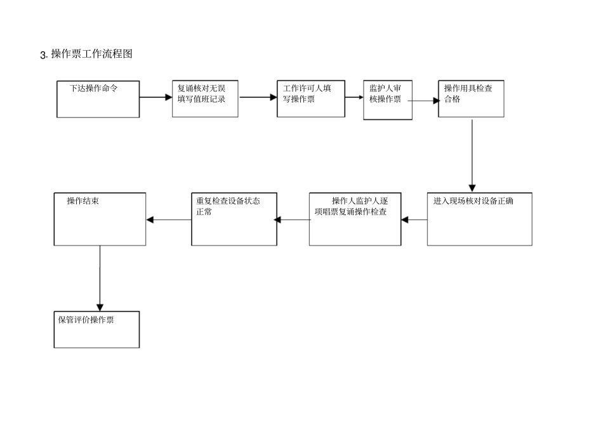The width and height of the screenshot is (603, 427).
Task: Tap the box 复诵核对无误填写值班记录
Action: pyautogui.click(x=205, y=99)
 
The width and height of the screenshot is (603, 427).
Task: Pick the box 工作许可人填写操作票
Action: pyautogui.click(x=311, y=99)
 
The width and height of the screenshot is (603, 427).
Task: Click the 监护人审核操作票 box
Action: pyautogui.click(x=387, y=100)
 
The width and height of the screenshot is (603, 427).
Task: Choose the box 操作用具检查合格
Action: pyautogui.click(x=471, y=99)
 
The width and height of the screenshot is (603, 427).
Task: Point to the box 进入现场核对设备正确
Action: pyautogui.click(x=479, y=219)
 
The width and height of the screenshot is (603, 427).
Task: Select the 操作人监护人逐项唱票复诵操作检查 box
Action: pyautogui.click(x=355, y=219)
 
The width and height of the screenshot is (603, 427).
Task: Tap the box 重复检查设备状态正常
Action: pyautogui.click(x=234, y=219)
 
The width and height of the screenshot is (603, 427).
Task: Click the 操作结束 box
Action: pyautogui.click(x=100, y=219)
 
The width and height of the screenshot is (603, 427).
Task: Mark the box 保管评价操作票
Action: pyautogui.click(x=96, y=329)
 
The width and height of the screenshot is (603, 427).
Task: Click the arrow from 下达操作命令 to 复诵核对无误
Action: pyautogui.click(x=156, y=98)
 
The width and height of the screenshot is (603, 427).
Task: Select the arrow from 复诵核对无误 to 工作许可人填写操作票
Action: pyautogui.click(x=258, y=98)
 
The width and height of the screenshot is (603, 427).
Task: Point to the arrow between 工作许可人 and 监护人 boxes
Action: pyautogui.click(x=354, y=98)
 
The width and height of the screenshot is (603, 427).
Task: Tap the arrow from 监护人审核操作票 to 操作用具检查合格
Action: pyautogui.click(x=425, y=100)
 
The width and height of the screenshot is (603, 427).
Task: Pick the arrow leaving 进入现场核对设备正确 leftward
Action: pyautogui.click(x=414, y=220)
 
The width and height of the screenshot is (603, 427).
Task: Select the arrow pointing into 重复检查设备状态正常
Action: pyautogui.click(x=293, y=220)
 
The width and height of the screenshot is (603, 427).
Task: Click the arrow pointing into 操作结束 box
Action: pyautogui.click(x=168, y=220)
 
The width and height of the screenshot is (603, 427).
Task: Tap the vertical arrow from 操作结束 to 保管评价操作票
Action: pyautogui.click(x=100, y=278)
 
